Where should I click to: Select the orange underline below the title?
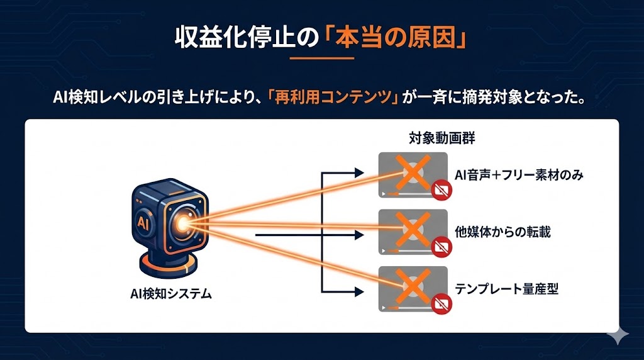[323, 59]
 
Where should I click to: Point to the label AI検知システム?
[167, 292]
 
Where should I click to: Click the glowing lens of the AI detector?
[184, 223]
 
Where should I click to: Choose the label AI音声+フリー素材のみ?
[519, 175]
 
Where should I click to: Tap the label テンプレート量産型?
[506, 290]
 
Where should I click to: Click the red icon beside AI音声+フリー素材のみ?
[441, 189]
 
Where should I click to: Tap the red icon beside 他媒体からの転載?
[441, 247]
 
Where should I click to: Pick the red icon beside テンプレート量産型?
[441, 305]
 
